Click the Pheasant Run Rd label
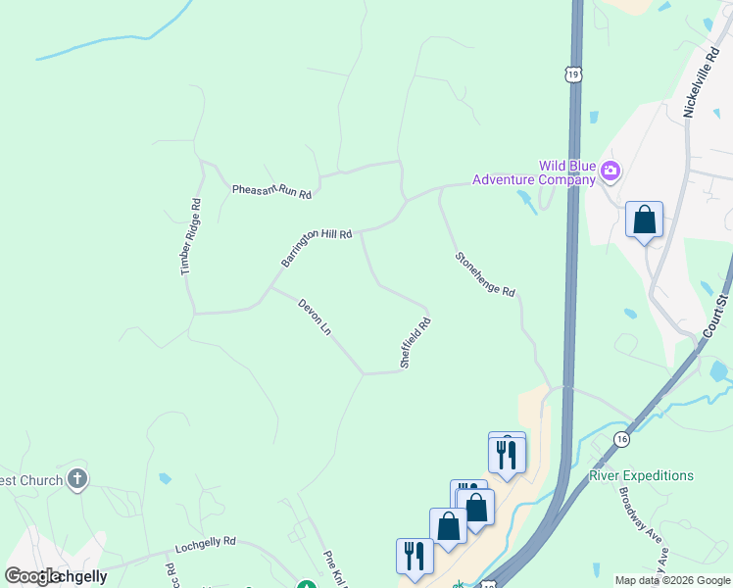pyautogui.click(x=271, y=190)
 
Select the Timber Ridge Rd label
pyautogui.click(x=191, y=236)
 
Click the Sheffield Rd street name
pyautogui.click(x=415, y=342)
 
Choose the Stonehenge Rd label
pyautogui.click(x=484, y=273)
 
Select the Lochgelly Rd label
pyautogui.click(x=206, y=541)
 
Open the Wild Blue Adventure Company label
pyautogui.click(x=534, y=172)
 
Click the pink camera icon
pyautogui.click(x=611, y=172)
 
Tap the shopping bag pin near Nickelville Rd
pyautogui.click(x=644, y=220)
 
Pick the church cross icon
pyautogui.click(x=77, y=480)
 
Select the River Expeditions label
pyautogui.click(x=641, y=476)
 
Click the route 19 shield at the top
pyautogui.click(x=573, y=73)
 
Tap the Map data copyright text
pyautogui.click(x=672, y=580)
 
